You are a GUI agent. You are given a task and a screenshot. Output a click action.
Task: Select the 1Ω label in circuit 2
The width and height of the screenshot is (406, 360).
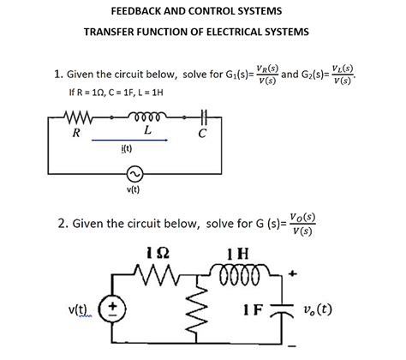point(159,253)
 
